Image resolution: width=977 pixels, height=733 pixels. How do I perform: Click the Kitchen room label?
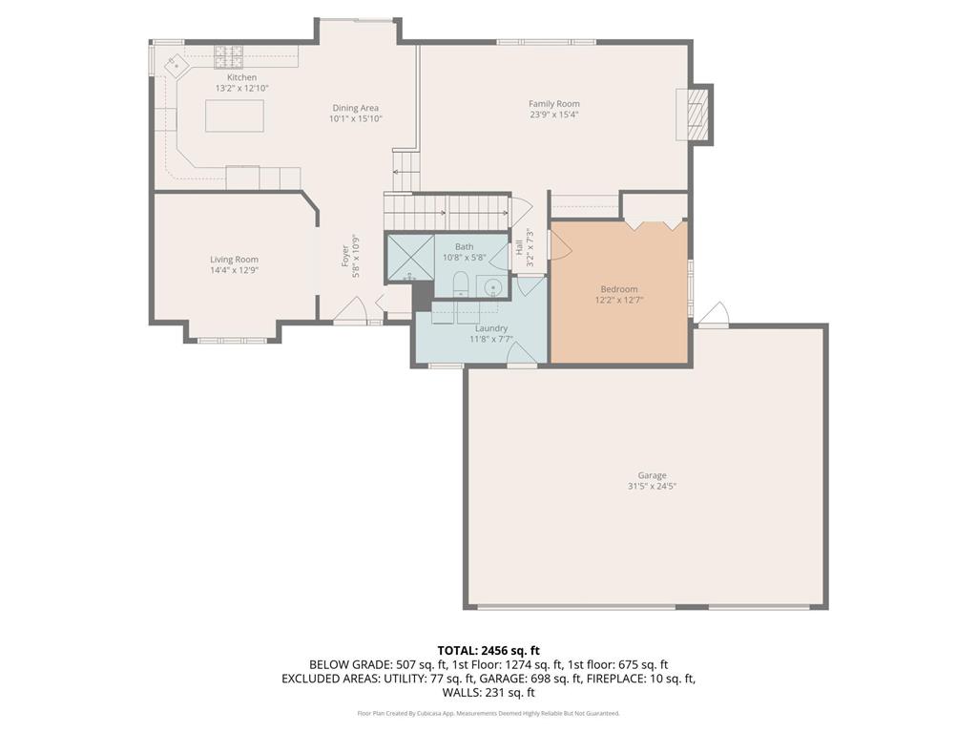[241, 77]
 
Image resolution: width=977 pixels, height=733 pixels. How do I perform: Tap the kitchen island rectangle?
[235, 115]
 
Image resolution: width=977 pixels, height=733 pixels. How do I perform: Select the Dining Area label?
[356, 108]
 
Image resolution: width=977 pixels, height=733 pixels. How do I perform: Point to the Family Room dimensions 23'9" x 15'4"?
[554, 115]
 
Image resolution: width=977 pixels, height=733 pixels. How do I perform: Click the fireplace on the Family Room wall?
[694, 115]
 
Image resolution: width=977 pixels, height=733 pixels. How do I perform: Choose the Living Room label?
[234, 260]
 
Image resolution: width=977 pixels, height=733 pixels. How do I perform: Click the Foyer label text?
[346, 258]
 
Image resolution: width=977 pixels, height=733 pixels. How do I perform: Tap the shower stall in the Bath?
[408, 258]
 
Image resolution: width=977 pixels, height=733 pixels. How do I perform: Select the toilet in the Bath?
[459, 284]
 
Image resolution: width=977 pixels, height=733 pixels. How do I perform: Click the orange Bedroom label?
[618, 289]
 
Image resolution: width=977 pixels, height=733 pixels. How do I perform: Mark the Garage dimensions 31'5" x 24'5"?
[653, 486]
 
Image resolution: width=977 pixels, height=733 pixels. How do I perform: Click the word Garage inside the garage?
[653, 475]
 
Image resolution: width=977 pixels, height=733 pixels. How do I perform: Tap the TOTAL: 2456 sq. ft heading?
[488, 651]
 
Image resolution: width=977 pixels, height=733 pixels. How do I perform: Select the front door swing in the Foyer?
[351, 311]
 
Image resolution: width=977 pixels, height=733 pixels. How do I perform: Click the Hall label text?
[519, 247]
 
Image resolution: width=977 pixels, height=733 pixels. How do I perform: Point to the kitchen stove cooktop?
[229, 54]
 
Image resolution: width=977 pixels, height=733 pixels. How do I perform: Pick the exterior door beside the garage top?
[714, 315]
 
